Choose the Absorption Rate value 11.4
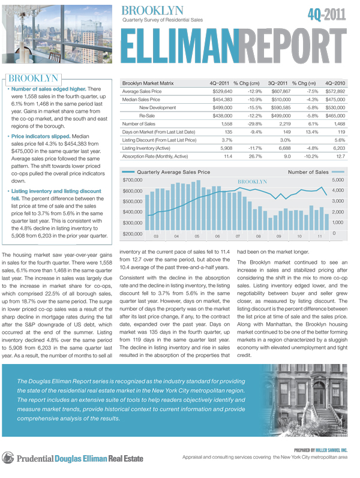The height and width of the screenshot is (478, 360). (x=227, y=156)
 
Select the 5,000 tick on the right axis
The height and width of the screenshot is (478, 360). (x=338, y=180)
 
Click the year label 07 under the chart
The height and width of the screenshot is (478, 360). (x=238, y=237)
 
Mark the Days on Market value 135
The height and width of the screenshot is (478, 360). (x=228, y=131)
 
